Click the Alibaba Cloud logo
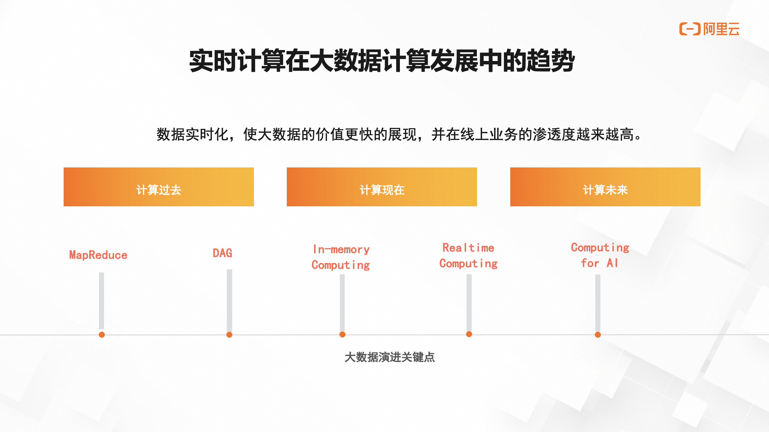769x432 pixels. [x=709, y=29]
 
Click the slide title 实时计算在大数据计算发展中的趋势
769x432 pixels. [x=382, y=61]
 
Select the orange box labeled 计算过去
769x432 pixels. [x=159, y=187]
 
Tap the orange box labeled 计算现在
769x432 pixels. [x=382, y=187]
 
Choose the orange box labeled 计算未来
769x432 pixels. [x=605, y=187]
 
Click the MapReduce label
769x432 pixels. [x=98, y=255]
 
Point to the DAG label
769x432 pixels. [x=223, y=253]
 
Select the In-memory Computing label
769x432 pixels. [x=341, y=257]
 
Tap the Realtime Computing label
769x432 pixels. [x=469, y=256]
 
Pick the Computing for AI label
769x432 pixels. [x=600, y=255]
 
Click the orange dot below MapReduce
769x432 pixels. [x=102, y=335]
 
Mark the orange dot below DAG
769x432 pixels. [x=229, y=335]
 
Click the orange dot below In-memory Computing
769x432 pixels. [x=342, y=334]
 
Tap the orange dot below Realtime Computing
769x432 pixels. [x=469, y=334]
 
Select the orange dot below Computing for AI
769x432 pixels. [x=598, y=335]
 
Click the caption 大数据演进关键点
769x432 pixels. [x=390, y=357]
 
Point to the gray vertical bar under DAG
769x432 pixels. [x=229, y=300]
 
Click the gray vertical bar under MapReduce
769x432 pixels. [x=102, y=300]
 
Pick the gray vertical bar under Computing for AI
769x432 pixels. [x=598, y=303]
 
